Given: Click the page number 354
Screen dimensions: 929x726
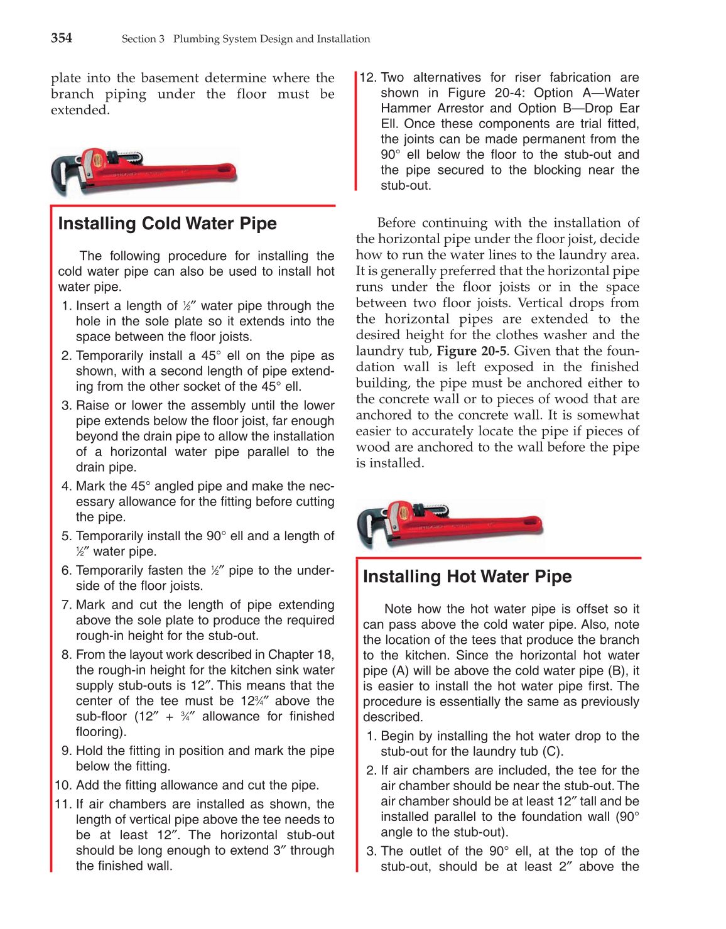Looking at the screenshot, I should click(62, 38).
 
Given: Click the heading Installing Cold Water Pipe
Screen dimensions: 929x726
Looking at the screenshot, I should click(167, 224).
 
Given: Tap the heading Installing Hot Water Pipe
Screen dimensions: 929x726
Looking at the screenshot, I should click(467, 577).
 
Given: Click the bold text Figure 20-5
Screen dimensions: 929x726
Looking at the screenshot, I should click(471, 351).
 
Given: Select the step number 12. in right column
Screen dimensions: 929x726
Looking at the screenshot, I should click(368, 78).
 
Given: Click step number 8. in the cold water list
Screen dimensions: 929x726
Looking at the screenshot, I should click(67, 655).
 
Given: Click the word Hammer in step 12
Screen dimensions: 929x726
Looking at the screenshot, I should click(405, 109).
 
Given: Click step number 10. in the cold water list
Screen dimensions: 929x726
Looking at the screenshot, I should click(63, 785).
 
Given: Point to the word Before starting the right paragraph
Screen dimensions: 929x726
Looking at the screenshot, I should click(397, 223).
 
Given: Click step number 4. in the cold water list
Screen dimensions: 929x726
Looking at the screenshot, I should click(67, 486).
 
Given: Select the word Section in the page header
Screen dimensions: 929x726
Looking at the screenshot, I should click(138, 39).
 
